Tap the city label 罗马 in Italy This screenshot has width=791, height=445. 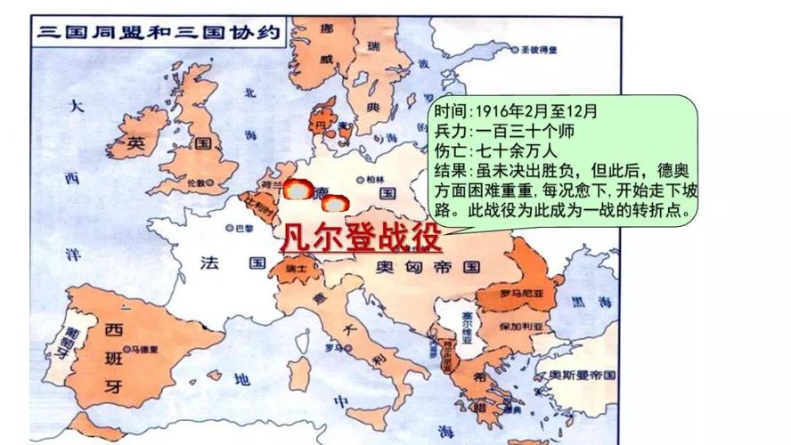(335, 347)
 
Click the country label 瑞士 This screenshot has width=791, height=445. (302, 266)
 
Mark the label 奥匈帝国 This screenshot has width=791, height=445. (427, 266)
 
